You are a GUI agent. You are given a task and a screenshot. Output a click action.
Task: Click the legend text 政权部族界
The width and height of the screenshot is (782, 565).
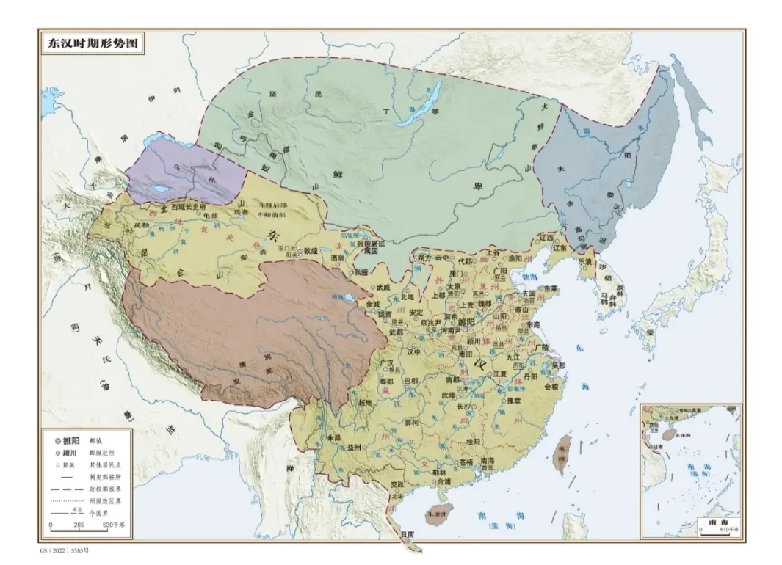[104, 486]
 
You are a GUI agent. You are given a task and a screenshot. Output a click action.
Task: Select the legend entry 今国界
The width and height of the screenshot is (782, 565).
[99, 512]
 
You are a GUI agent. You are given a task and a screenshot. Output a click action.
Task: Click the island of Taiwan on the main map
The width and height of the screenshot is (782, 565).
[562, 452]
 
